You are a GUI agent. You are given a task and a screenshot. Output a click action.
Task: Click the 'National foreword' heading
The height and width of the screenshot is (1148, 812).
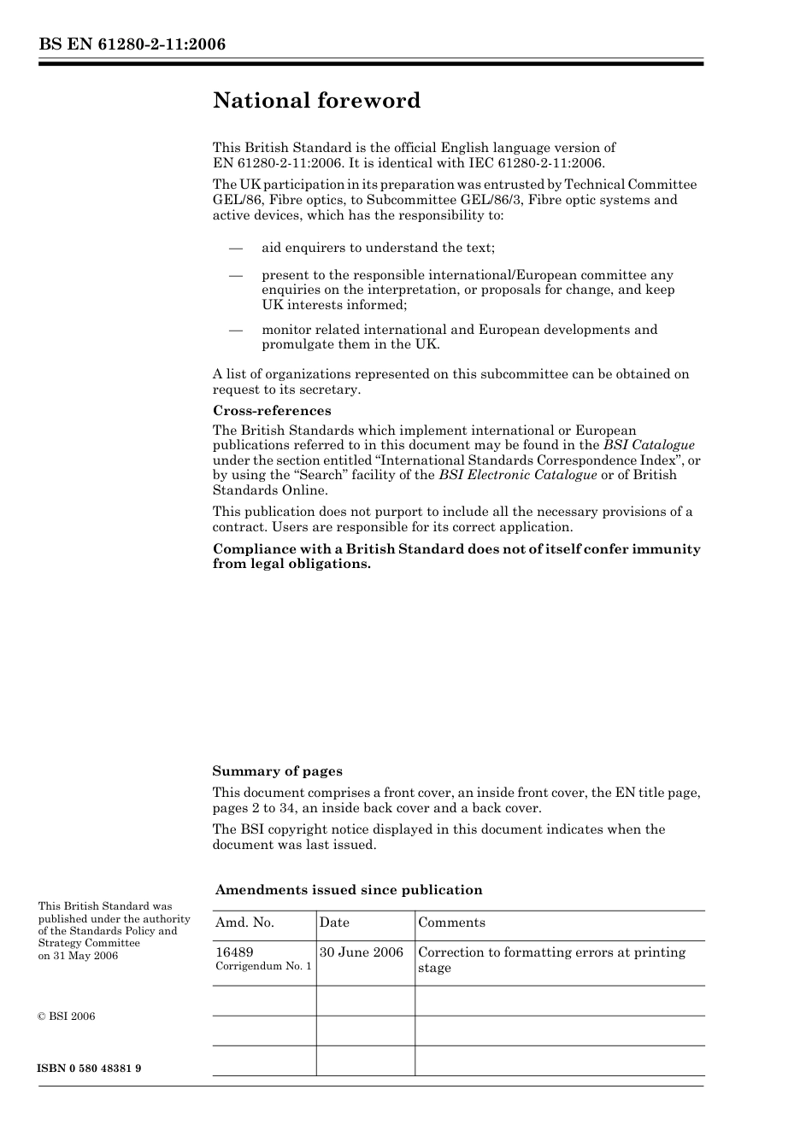pos(316,101)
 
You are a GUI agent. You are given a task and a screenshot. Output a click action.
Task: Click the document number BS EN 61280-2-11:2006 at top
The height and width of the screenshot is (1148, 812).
pos(132,44)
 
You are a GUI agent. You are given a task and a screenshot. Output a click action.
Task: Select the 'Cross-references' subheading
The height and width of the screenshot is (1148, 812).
pos(272,411)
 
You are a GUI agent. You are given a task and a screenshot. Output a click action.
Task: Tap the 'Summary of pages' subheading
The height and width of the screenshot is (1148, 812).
pos(277,771)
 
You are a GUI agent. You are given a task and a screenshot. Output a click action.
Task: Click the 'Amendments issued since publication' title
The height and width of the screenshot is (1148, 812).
pos(349,890)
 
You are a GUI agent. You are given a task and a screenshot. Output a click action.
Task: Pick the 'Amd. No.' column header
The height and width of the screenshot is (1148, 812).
pos(245,923)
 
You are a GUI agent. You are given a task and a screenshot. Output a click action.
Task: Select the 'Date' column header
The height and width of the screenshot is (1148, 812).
pos(334,923)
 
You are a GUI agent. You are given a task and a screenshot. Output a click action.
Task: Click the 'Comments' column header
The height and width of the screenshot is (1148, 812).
pos(451,923)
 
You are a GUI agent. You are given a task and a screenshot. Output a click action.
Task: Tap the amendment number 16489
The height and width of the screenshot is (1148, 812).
pos(234,952)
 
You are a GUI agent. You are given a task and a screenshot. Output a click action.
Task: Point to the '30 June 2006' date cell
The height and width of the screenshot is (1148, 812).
pos(362,952)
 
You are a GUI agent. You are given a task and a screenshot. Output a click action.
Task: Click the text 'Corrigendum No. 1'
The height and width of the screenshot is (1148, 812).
pos(263,967)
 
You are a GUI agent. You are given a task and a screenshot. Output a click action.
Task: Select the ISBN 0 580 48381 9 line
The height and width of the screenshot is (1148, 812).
pos(90,1069)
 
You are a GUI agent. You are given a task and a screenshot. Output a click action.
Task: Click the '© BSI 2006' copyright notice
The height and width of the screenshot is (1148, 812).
pos(67,1016)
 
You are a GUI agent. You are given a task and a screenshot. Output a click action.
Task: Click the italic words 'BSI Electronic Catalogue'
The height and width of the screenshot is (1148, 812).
pos(518,475)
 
